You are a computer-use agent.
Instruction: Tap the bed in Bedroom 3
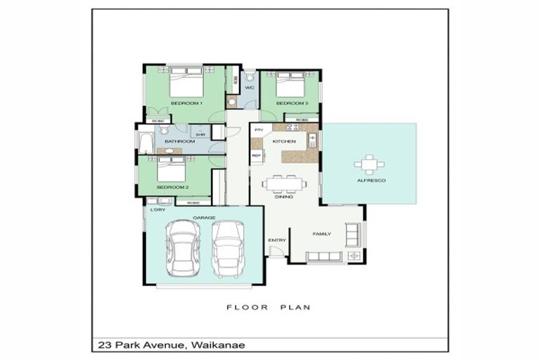click(289, 86)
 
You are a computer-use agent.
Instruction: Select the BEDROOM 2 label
click(172, 187)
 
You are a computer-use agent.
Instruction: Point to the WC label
click(249, 87)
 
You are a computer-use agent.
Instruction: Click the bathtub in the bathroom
click(146, 143)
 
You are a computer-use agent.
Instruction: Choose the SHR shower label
click(200, 134)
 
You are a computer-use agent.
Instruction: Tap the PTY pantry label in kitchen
click(259, 130)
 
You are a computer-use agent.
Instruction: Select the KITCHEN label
click(284, 141)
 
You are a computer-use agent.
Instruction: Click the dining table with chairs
click(284, 184)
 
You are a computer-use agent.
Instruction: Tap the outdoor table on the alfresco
click(369, 165)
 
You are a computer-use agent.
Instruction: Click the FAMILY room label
click(321, 233)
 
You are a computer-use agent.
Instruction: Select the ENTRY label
click(277, 240)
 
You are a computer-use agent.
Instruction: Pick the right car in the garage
click(228, 249)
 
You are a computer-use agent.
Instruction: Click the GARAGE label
click(205, 217)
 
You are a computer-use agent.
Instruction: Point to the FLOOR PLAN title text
click(268, 307)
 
